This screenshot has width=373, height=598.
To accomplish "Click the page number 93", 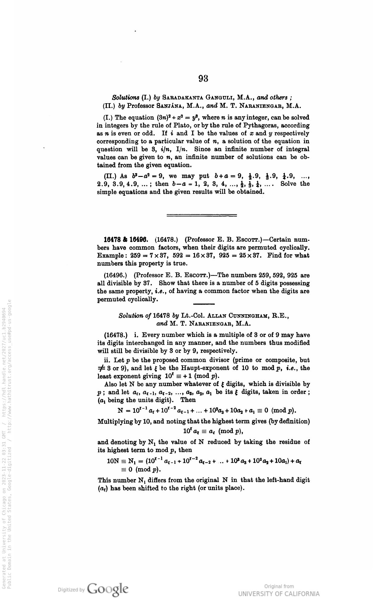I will tap(203, 78).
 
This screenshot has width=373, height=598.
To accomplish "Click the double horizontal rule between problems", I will tap(202, 215).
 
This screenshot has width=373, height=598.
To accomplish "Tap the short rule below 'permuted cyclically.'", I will tap(203, 303).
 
